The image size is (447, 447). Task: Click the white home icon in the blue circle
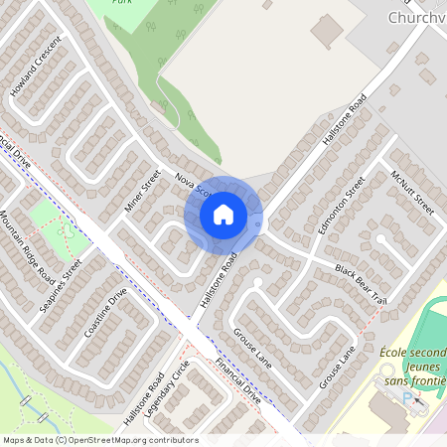click(x=223, y=214)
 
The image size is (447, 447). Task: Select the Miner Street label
click(x=142, y=191)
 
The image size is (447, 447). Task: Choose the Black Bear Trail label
click(x=359, y=283)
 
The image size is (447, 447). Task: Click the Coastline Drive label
click(x=105, y=314)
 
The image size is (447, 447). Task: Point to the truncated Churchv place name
click(x=416, y=18)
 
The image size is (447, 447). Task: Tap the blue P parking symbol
click(x=406, y=398)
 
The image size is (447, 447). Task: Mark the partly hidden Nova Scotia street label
click(x=189, y=184)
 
